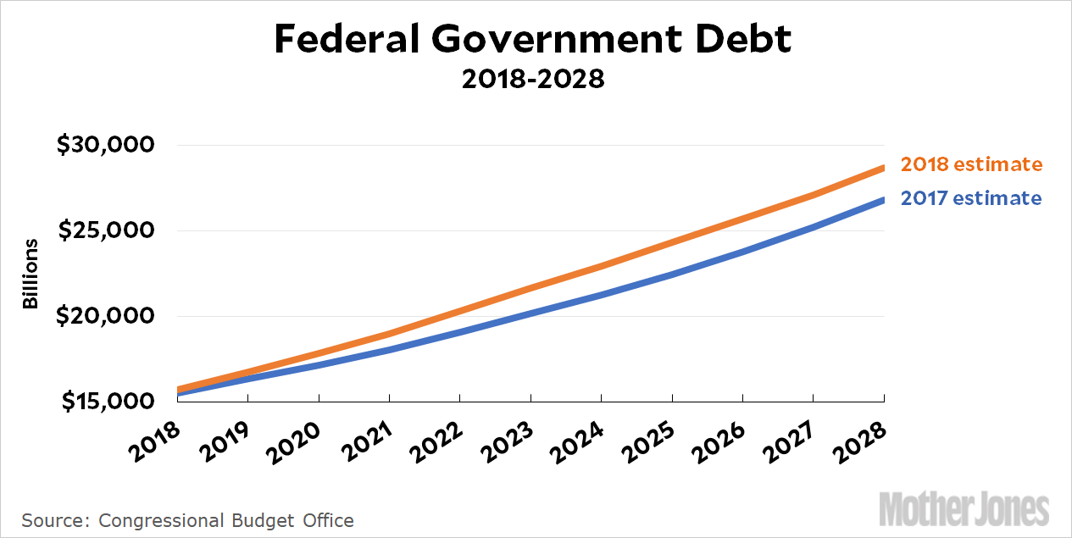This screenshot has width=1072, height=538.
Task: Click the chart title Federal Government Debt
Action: coord(533,40)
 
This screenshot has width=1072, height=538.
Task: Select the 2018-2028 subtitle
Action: coord(533,80)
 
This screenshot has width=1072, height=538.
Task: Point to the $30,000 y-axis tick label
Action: coord(105,145)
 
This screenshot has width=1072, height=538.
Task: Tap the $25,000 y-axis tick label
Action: coord(105,230)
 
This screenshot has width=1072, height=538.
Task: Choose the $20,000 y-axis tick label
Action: coord(105,316)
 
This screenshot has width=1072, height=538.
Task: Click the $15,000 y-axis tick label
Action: coord(105,402)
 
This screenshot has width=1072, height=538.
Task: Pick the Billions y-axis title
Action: coord(31,274)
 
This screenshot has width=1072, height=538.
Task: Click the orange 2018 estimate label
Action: coord(970,164)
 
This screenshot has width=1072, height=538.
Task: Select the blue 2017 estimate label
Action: coord(970,198)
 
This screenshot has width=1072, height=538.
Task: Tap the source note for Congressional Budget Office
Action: coord(187,519)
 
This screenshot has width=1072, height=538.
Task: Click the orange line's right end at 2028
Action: coord(883,168)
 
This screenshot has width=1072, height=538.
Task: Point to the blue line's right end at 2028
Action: coord(883,200)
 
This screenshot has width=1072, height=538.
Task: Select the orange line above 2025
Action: coord(672,241)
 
